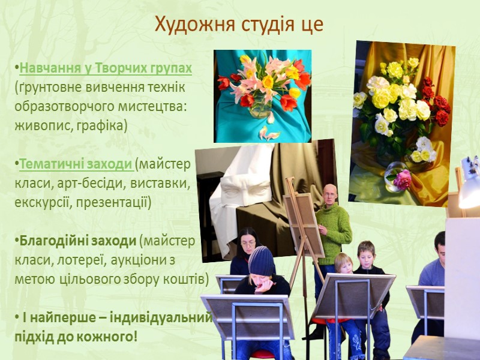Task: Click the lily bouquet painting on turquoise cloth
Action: point(262,96)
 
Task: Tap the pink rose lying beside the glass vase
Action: point(402,179)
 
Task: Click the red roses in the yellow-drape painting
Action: point(434,99)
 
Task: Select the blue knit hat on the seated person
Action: point(262,260)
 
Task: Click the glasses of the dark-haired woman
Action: point(248,244)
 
